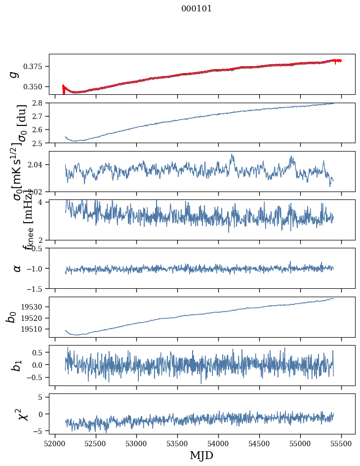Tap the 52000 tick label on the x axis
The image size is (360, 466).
click(55, 442)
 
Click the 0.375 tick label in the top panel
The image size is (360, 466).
click(38, 67)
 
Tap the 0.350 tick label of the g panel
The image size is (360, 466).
click(38, 87)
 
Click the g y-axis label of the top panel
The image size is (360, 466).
click(14, 74)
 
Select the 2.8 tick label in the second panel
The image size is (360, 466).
click(41, 103)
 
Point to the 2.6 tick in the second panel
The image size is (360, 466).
click(41, 130)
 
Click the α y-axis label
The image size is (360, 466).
click(17, 268)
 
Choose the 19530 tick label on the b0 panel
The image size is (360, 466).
click(36, 307)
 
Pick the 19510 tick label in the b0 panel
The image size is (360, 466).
click(36, 329)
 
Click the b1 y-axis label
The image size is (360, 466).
click(17, 366)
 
